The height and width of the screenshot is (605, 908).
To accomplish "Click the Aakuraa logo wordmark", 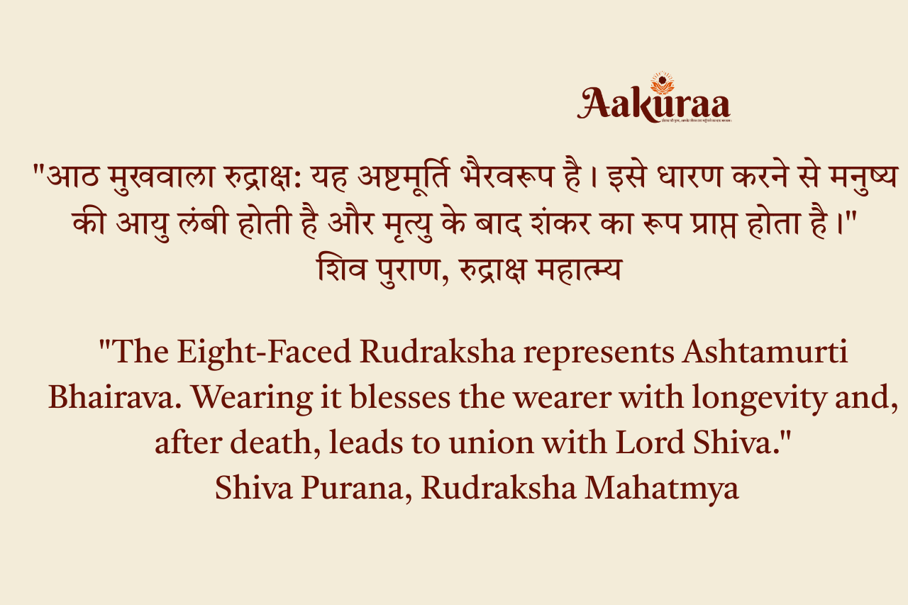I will (653, 105).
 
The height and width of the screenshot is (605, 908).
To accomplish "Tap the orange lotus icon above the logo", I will (662, 84).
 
